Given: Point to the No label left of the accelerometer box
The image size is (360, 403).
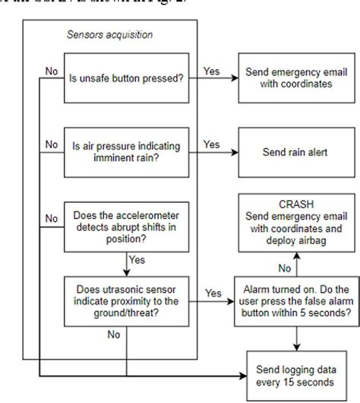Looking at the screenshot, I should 50,219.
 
